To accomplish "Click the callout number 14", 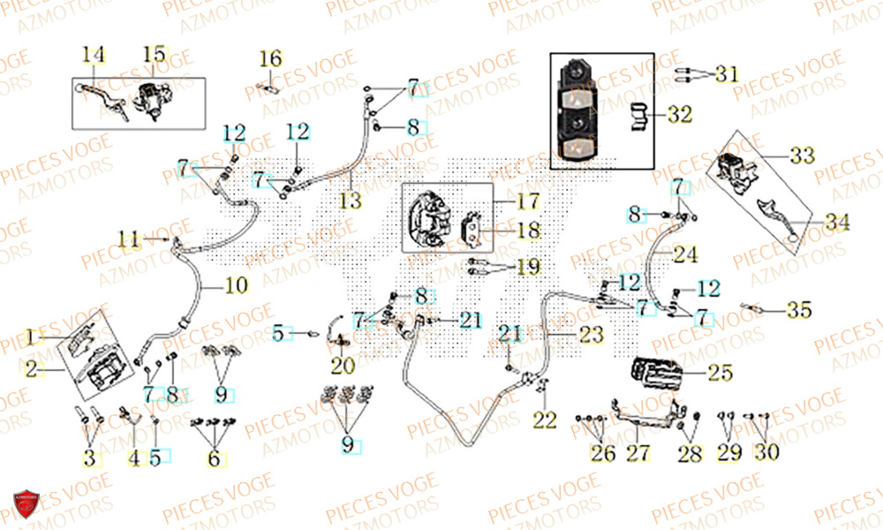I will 93,56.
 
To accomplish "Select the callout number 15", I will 154,55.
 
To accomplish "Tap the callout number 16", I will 270,59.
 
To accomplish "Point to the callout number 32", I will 680,115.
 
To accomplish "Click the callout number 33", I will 801,156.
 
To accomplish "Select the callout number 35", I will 799,310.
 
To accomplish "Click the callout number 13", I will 351,201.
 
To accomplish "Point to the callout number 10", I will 237,286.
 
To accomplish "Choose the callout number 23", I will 592,335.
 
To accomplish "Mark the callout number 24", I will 685,255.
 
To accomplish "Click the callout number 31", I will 726,75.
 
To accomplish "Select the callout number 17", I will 527,202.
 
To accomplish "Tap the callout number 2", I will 32,370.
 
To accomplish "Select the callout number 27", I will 638,454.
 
